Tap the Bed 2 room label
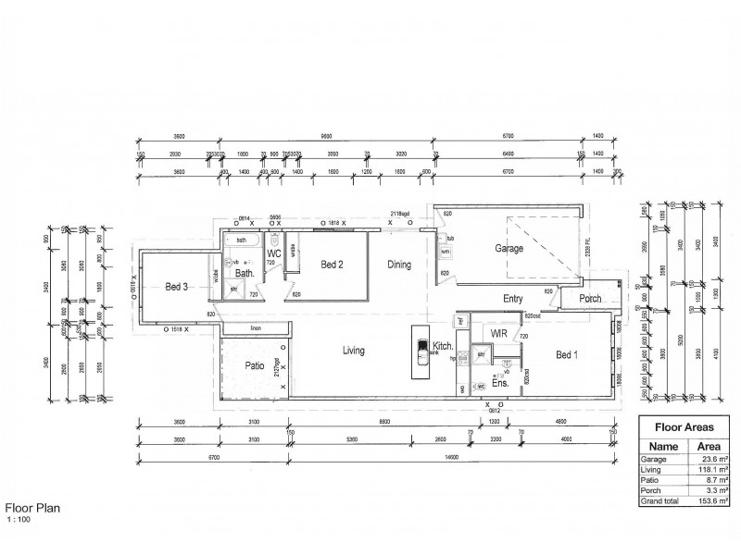[333, 265]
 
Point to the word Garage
[509, 249]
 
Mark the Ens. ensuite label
[500, 382]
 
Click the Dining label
[399, 265]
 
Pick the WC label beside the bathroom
[274, 253]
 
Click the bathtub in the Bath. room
[243, 240]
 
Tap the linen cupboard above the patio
[255, 328]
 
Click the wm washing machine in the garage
[445, 252]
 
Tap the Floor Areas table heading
[684, 428]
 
